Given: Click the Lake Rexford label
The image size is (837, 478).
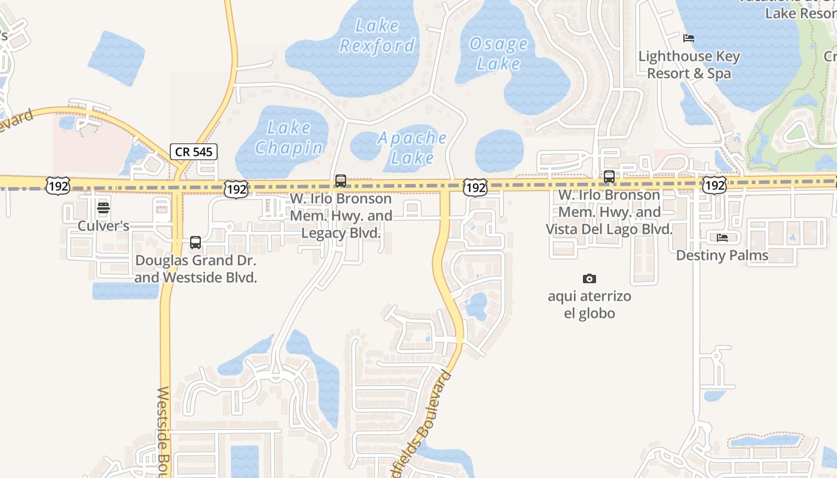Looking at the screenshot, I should (x=377, y=36).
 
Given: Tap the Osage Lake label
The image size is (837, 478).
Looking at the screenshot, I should (x=499, y=54).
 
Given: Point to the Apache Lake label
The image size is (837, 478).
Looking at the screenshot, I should (x=413, y=148).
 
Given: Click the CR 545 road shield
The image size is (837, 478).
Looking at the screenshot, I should (x=194, y=152).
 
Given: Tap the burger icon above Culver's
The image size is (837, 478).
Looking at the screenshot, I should (x=103, y=209).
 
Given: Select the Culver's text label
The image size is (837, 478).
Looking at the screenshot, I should (x=103, y=226).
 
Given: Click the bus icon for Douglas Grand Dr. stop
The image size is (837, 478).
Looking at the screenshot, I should (x=195, y=243).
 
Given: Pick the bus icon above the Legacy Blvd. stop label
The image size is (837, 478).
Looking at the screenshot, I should (x=341, y=180).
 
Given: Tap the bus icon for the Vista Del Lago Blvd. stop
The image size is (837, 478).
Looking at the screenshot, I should (x=609, y=177).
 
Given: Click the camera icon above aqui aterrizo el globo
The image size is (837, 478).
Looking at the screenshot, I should (x=589, y=278).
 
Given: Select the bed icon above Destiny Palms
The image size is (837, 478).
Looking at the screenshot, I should (x=722, y=238).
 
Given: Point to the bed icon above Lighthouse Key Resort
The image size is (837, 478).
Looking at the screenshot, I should (x=689, y=38).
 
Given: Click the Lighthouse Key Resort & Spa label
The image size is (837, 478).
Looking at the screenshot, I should (x=689, y=65).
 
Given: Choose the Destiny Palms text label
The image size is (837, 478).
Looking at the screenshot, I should (x=722, y=256).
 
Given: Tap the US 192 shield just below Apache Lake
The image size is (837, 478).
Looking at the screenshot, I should (x=475, y=188).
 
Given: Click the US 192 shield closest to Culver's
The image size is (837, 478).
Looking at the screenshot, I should (x=60, y=186).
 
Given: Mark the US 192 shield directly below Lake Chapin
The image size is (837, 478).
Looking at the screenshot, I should (x=236, y=189).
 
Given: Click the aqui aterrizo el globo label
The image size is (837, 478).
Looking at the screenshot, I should (x=589, y=305).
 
